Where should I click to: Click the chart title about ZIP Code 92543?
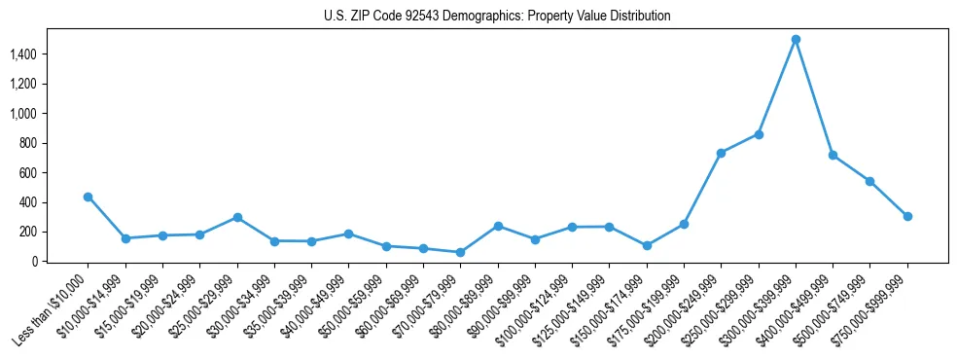pos(497,17)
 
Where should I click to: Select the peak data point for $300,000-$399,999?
pos(796,39)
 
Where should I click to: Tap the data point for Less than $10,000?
pos(88,197)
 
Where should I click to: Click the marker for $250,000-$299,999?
pos(759,134)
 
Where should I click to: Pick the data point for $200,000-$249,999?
pos(721,153)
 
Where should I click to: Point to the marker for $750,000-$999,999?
pos(907,216)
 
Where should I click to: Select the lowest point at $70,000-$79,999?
pos(460,252)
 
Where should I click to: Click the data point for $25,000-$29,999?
pos(236,217)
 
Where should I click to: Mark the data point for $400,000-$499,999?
pos(833,155)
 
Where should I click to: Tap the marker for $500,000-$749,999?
pos(869,181)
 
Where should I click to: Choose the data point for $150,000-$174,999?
pos(647,245)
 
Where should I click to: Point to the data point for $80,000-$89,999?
pos(498,226)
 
